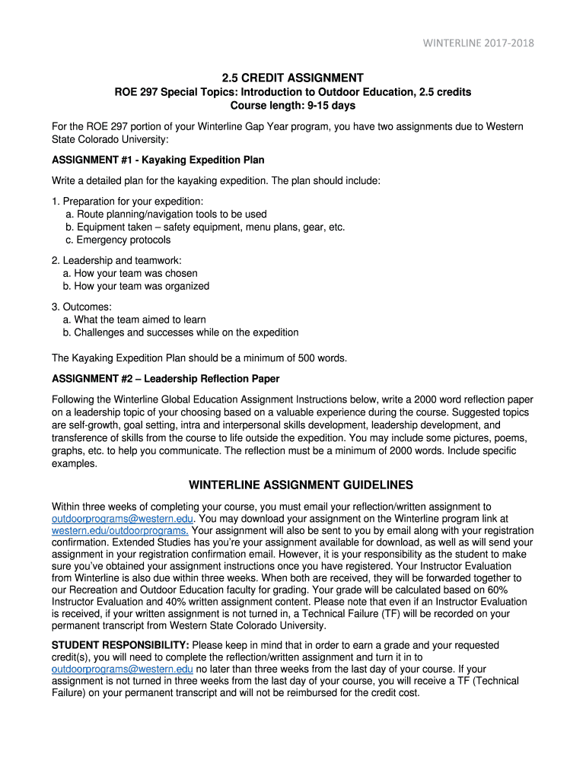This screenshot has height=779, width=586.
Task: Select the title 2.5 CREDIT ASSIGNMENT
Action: [x=292, y=78]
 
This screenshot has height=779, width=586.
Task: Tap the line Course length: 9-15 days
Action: [x=292, y=105]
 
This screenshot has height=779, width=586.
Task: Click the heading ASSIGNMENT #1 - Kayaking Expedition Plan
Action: [x=158, y=160]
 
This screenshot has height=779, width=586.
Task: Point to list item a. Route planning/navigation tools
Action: [x=166, y=215]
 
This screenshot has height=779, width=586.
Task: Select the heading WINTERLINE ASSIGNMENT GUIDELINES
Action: [x=301, y=485]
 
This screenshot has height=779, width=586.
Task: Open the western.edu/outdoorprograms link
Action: [x=120, y=530]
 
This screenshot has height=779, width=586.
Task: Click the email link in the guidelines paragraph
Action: [x=122, y=518]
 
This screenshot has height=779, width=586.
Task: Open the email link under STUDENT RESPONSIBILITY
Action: [x=122, y=669]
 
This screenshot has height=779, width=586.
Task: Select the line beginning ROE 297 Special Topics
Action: [x=292, y=92]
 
